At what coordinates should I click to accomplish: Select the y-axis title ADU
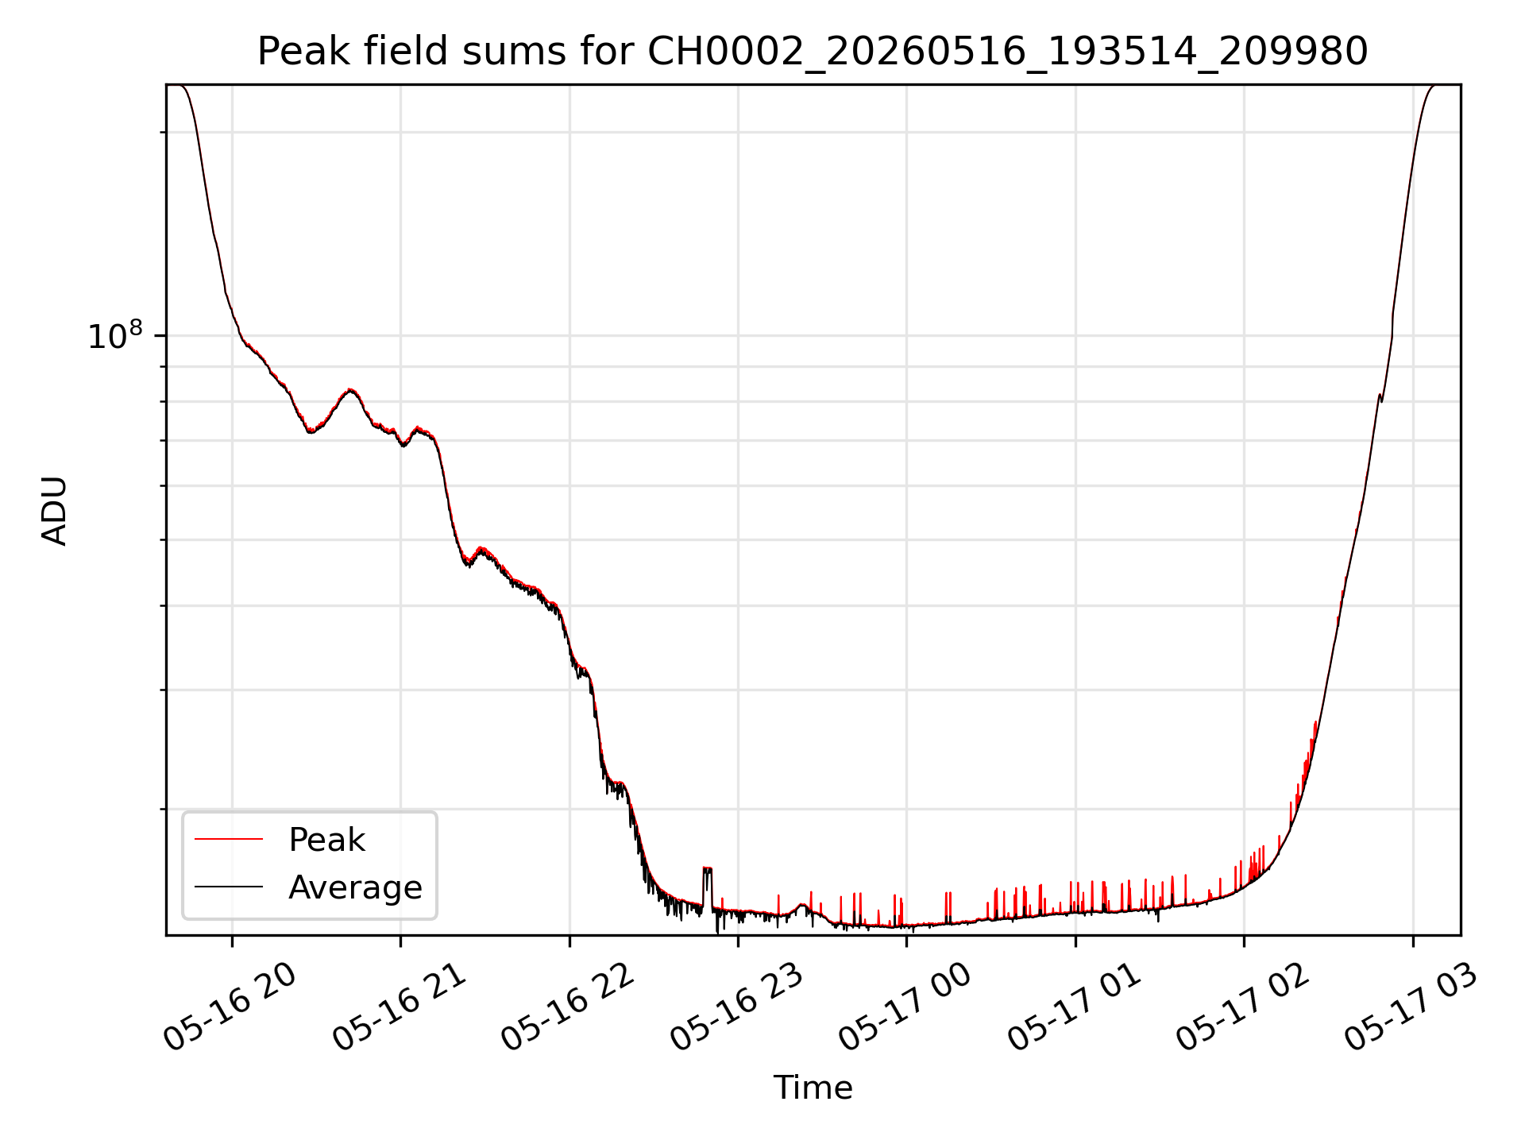(54, 511)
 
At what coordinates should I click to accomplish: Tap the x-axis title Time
(813, 1088)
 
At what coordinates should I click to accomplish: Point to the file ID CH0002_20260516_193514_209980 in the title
(1008, 52)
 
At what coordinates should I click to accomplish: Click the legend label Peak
(326, 840)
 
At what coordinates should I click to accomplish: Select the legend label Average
(355, 887)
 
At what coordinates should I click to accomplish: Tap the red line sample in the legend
(229, 839)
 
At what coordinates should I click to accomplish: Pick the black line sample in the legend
(229, 887)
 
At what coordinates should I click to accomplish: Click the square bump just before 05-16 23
(708, 868)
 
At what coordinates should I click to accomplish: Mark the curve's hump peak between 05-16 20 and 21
(350, 390)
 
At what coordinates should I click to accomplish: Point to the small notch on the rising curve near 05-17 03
(1381, 397)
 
